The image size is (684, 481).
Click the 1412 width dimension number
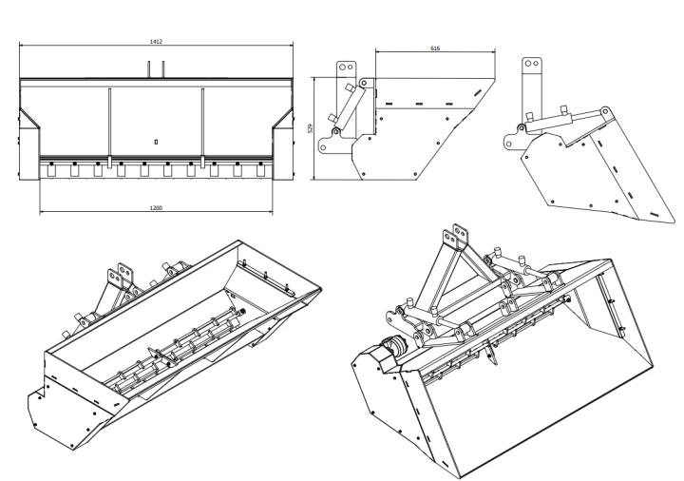(x=156, y=42)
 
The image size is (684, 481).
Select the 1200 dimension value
(x=156, y=208)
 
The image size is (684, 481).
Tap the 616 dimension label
(x=435, y=48)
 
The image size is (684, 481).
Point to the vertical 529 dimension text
(x=310, y=128)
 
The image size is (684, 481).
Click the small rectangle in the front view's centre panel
(x=156, y=142)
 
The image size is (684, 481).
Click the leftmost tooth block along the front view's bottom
(x=51, y=171)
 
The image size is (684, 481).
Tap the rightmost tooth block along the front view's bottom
(x=260, y=171)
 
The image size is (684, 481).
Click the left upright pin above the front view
(x=149, y=69)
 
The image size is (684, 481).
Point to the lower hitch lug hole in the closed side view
(x=323, y=147)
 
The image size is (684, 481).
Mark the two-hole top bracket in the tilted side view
(x=532, y=91)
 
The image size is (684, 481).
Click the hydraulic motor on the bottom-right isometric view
(x=394, y=346)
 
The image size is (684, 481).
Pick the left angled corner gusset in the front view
(x=29, y=118)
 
